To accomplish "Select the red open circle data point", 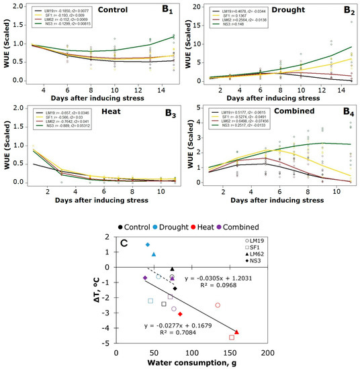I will tap(218, 305).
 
